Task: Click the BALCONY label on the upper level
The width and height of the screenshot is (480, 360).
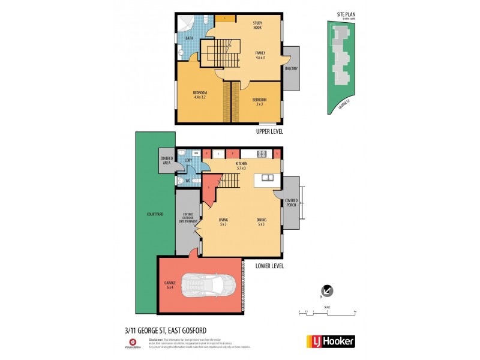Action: point(292,68)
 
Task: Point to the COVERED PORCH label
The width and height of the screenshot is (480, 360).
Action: point(291,202)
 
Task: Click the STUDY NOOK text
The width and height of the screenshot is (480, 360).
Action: point(259,25)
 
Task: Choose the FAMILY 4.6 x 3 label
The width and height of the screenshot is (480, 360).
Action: point(260,55)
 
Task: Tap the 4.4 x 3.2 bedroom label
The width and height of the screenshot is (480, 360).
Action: point(200,94)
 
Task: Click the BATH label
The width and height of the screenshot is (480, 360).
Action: point(189,38)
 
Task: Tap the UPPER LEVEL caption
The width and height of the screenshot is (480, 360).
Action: point(269,131)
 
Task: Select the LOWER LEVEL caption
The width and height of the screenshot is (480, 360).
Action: point(269,266)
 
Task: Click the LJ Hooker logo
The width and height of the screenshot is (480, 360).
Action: point(331,341)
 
